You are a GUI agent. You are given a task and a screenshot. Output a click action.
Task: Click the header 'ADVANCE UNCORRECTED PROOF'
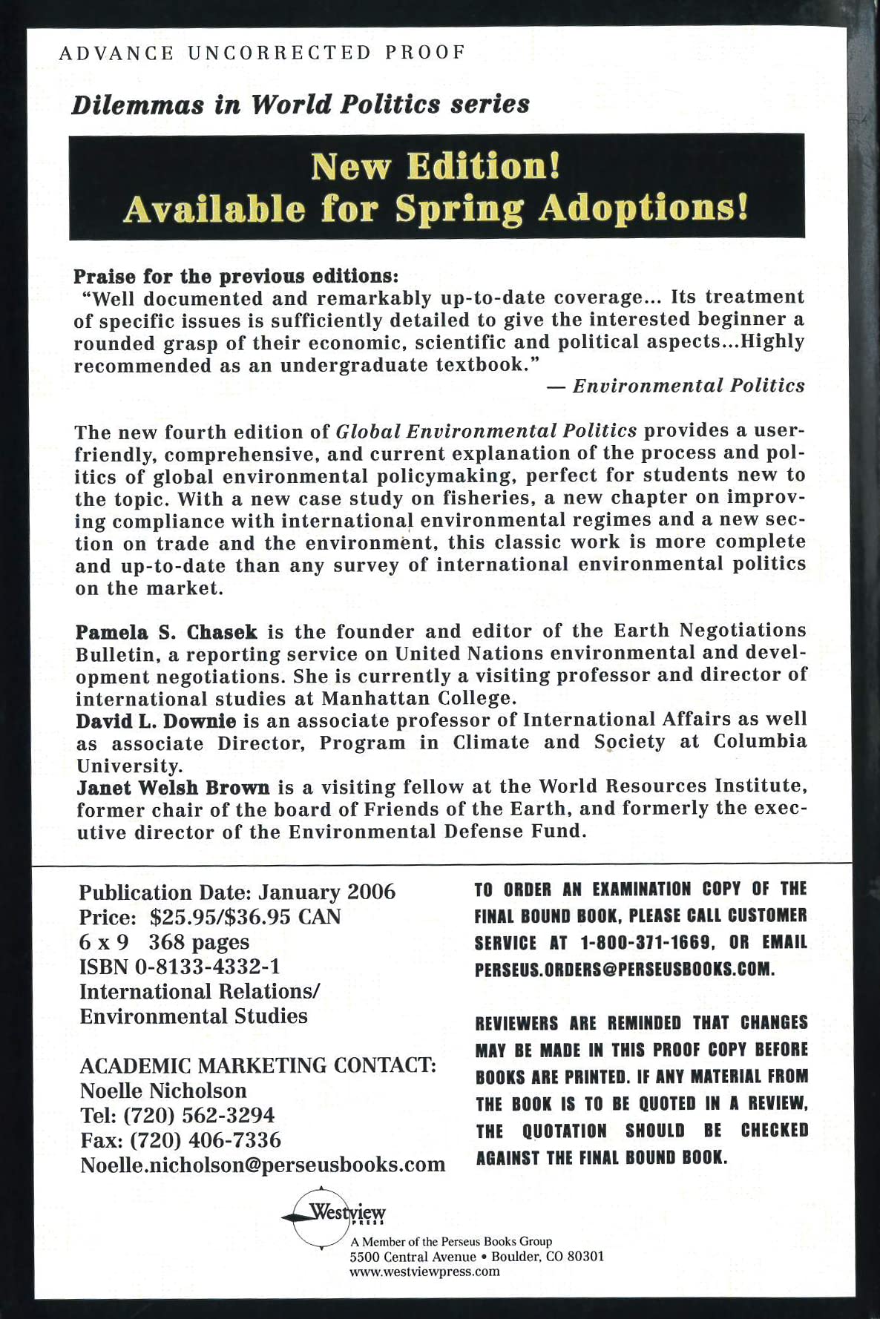click(261, 53)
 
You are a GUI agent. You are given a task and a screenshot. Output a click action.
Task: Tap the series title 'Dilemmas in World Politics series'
click(301, 105)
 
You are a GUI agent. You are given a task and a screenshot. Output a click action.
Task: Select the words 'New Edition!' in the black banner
click(436, 165)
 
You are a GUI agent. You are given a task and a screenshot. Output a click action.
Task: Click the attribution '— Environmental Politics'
click(675, 386)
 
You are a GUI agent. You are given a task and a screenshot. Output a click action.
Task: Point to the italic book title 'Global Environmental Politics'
click(487, 431)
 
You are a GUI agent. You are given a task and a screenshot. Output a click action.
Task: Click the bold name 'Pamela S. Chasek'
click(166, 633)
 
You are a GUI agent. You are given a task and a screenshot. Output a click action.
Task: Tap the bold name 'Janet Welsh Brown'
click(174, 787)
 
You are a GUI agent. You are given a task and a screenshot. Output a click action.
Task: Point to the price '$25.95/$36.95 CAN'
click(245, 917)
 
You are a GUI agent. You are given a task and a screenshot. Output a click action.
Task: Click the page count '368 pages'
click(199, 942)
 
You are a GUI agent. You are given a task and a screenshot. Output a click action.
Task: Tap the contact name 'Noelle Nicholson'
click(163, 1091)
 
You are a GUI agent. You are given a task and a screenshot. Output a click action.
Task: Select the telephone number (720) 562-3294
click(198, 1115)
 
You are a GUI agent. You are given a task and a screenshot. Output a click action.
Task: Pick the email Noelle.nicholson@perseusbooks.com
click(263, 1165)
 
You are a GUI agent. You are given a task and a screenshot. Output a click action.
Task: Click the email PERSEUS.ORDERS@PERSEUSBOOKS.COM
click(625, 970)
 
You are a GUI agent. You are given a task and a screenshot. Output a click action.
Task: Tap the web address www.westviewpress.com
click(424, 1272)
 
